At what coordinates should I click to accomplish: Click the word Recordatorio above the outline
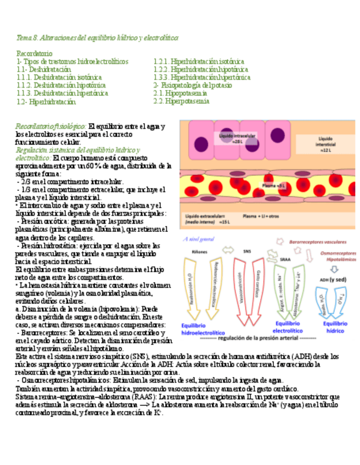(x=34, y=54)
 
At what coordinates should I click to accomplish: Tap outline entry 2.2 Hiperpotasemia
(x=181, y=101)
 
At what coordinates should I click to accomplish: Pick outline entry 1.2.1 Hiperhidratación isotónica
(x=199, y=61)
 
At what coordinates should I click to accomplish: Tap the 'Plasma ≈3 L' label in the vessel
(x=273, y=186)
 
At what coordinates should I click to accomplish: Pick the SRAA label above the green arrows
(x=285, y=259)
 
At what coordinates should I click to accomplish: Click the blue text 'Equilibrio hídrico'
(x=335, y=327)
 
